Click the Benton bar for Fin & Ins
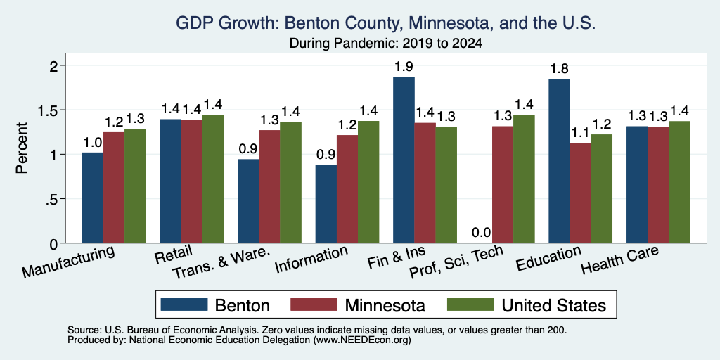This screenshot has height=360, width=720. [404, 160]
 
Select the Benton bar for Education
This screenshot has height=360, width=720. [559, 161]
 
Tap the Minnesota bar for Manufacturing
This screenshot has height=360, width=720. [114, 187]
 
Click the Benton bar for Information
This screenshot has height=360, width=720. [326, 203]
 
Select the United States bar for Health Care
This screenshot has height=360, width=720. [680, 182]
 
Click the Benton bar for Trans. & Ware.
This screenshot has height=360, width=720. [248, 201]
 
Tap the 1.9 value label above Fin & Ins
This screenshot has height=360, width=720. [404, 67]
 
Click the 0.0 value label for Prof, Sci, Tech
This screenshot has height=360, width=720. [482, 233]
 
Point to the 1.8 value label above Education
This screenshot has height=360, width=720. [559, 69]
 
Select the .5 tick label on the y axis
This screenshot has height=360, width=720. [54, 199]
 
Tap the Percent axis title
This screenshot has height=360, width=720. [22, 148]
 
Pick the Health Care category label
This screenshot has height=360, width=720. [620, 259]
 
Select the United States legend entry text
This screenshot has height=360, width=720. [554, 305]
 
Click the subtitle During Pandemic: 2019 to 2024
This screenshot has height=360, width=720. [386, 44]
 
